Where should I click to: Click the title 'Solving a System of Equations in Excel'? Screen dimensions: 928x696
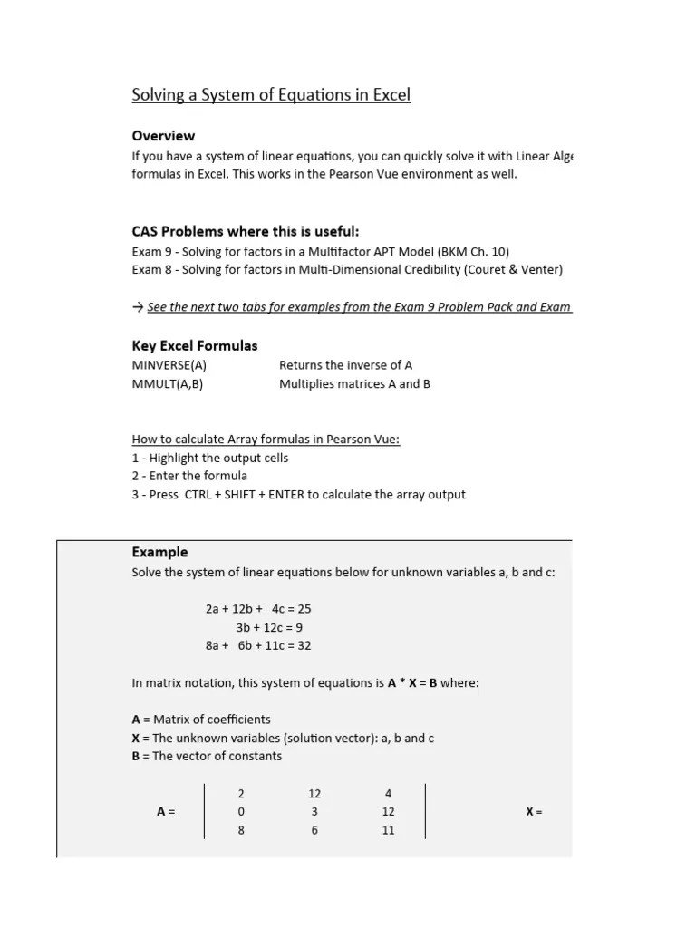pyautogui.click(x=271, y=95)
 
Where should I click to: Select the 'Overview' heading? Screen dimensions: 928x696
pyautogui.click(x=163, y=136)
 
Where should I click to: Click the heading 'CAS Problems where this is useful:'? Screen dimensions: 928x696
pyautogui.click(x=252, y=232)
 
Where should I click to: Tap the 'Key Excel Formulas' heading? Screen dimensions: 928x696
pyautogui.click(x=195, y=345)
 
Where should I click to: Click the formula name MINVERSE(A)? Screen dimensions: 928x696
pyautogui.click(x=169, y=365)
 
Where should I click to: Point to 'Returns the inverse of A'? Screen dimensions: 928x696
pyautogui.click(x=345, y=365)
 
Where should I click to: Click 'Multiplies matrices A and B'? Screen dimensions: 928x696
pyautogui.click(x=354, y=383)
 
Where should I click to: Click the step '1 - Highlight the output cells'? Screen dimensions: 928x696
pyautogui.click(x=210, y=458)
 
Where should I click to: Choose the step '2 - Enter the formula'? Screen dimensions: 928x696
pyautogui.click(x=189, y=476)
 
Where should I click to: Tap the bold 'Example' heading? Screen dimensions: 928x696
pyautogui.click(x=160, y=552)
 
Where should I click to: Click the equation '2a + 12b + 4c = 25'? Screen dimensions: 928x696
pyautogui.click(x=258, y=609)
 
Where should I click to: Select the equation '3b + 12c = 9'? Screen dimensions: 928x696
pyautogui.click(x=269, y=627)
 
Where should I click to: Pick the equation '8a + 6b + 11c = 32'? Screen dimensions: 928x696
pyautogui.click(x=258, y=645)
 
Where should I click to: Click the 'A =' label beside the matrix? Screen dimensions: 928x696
pyautogui.click(x=166, y=812)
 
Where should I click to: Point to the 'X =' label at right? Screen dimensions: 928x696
pyautogui.click(x=534, y=812)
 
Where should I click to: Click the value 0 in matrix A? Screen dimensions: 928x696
pyautogui.click(x=241, y=812)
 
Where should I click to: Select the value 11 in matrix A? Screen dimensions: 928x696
pyautogui.click(x=389, y=830)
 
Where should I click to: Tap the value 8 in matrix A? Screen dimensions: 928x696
pyautogui.click(x=241, y=830)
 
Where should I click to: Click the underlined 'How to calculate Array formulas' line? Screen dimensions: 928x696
pyautogui.click(x=266, y=440)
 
